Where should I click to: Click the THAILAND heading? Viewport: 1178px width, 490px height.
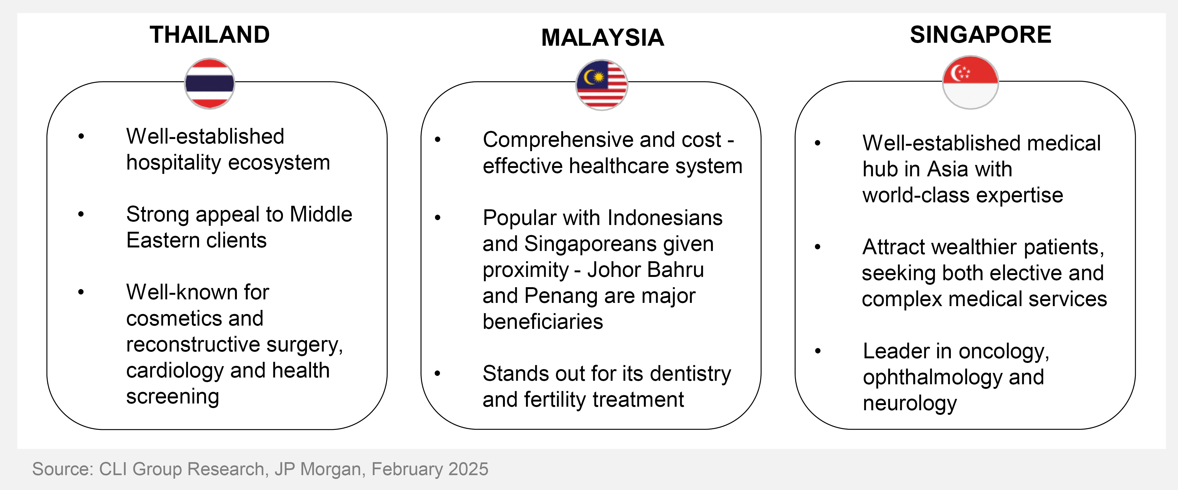pos(210,35)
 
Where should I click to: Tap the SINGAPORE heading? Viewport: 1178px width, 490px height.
pos(980,35)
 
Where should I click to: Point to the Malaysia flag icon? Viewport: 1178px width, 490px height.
pos(601,85)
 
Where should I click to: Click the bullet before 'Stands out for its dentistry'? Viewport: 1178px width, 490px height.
pos(438,373)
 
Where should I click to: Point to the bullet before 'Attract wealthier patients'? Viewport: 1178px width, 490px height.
pos(818,247)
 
